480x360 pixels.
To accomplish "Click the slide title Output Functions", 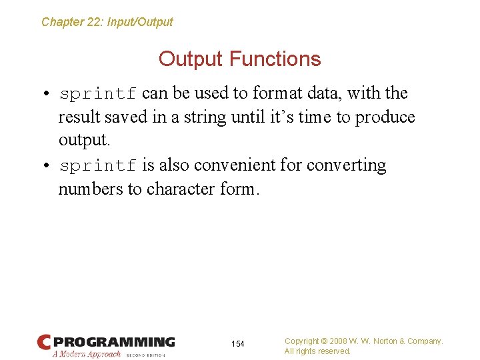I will [x=239, y=59].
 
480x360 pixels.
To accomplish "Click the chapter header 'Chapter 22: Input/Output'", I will [x=107, y=22].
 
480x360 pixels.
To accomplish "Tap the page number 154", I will [x=238, y=344].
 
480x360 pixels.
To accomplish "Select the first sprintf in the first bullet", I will [x=98, y=93].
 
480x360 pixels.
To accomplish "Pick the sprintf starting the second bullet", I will [x=98, y=165].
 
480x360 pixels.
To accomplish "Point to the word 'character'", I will [x=181, y=189].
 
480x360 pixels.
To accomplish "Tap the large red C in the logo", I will [x=44, y=342].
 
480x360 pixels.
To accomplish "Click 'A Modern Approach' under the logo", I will [x=87, y=354].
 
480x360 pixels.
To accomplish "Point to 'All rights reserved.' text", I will [x=317, y=351].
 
